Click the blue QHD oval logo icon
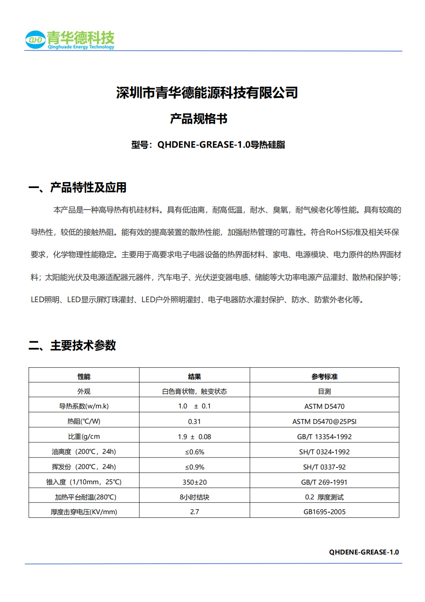tap(35, 40)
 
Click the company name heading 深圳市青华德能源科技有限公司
tap(207, 93)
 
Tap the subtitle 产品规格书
tap(199, 119)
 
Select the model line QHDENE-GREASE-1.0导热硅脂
tap(208, 145)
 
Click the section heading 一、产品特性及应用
tap(77, 187)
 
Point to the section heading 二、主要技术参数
tap(72, 345)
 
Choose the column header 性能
tap(84, 376)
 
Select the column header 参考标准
tap(324, 376)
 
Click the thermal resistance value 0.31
tap(195, 422)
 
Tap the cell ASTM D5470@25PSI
tap(324, 422)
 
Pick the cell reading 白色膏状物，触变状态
tap(195, 392)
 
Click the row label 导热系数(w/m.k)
tap(84, 406)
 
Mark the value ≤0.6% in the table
tap(195, 452)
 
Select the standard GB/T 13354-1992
tap(324, 437)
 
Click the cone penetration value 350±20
tap(195, 482)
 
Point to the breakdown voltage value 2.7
tap(195, 512)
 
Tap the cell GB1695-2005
tap(324, 512)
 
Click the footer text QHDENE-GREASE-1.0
tap(364, 552)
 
